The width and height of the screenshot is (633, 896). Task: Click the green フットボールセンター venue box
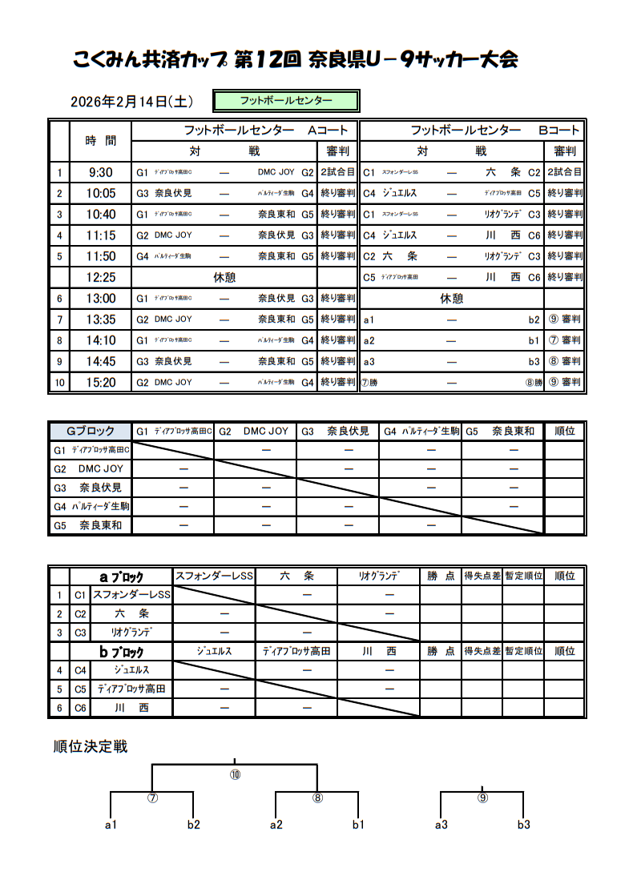(285, 101)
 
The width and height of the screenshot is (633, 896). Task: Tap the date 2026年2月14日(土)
(131, 102)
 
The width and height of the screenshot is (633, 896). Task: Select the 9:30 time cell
(100, 172)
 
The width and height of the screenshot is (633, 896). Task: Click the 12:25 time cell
(100, 277)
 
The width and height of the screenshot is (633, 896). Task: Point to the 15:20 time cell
(100, 383)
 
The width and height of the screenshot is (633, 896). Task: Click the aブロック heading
(121, 577)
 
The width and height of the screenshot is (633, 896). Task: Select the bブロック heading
(121, 652)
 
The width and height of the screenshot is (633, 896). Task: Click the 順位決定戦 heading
(91, 747)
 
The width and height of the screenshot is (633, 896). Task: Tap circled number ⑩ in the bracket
(235, 774)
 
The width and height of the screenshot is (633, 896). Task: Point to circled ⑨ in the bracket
(482, 798)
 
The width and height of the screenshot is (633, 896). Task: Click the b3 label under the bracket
(523, 825)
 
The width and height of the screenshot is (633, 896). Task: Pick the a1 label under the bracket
(111, 825)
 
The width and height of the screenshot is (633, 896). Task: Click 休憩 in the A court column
(224, 277)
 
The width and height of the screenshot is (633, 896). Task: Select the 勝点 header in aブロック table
(441, 577)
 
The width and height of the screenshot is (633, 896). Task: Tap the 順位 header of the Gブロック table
(564, 431)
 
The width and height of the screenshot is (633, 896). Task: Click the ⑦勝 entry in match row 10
(370, 383)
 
